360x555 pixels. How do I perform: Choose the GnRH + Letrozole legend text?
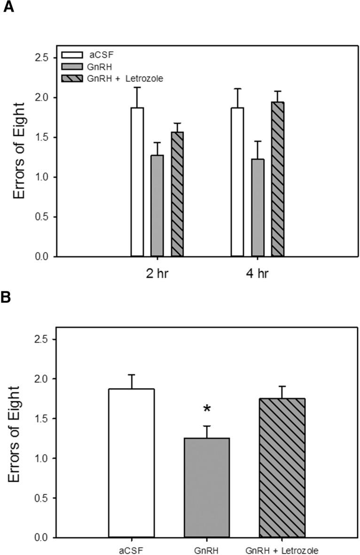(x=125, y=78)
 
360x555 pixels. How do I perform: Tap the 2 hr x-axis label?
(x=157, y=274)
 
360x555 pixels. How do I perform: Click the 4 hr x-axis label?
(x=258, y=274)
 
